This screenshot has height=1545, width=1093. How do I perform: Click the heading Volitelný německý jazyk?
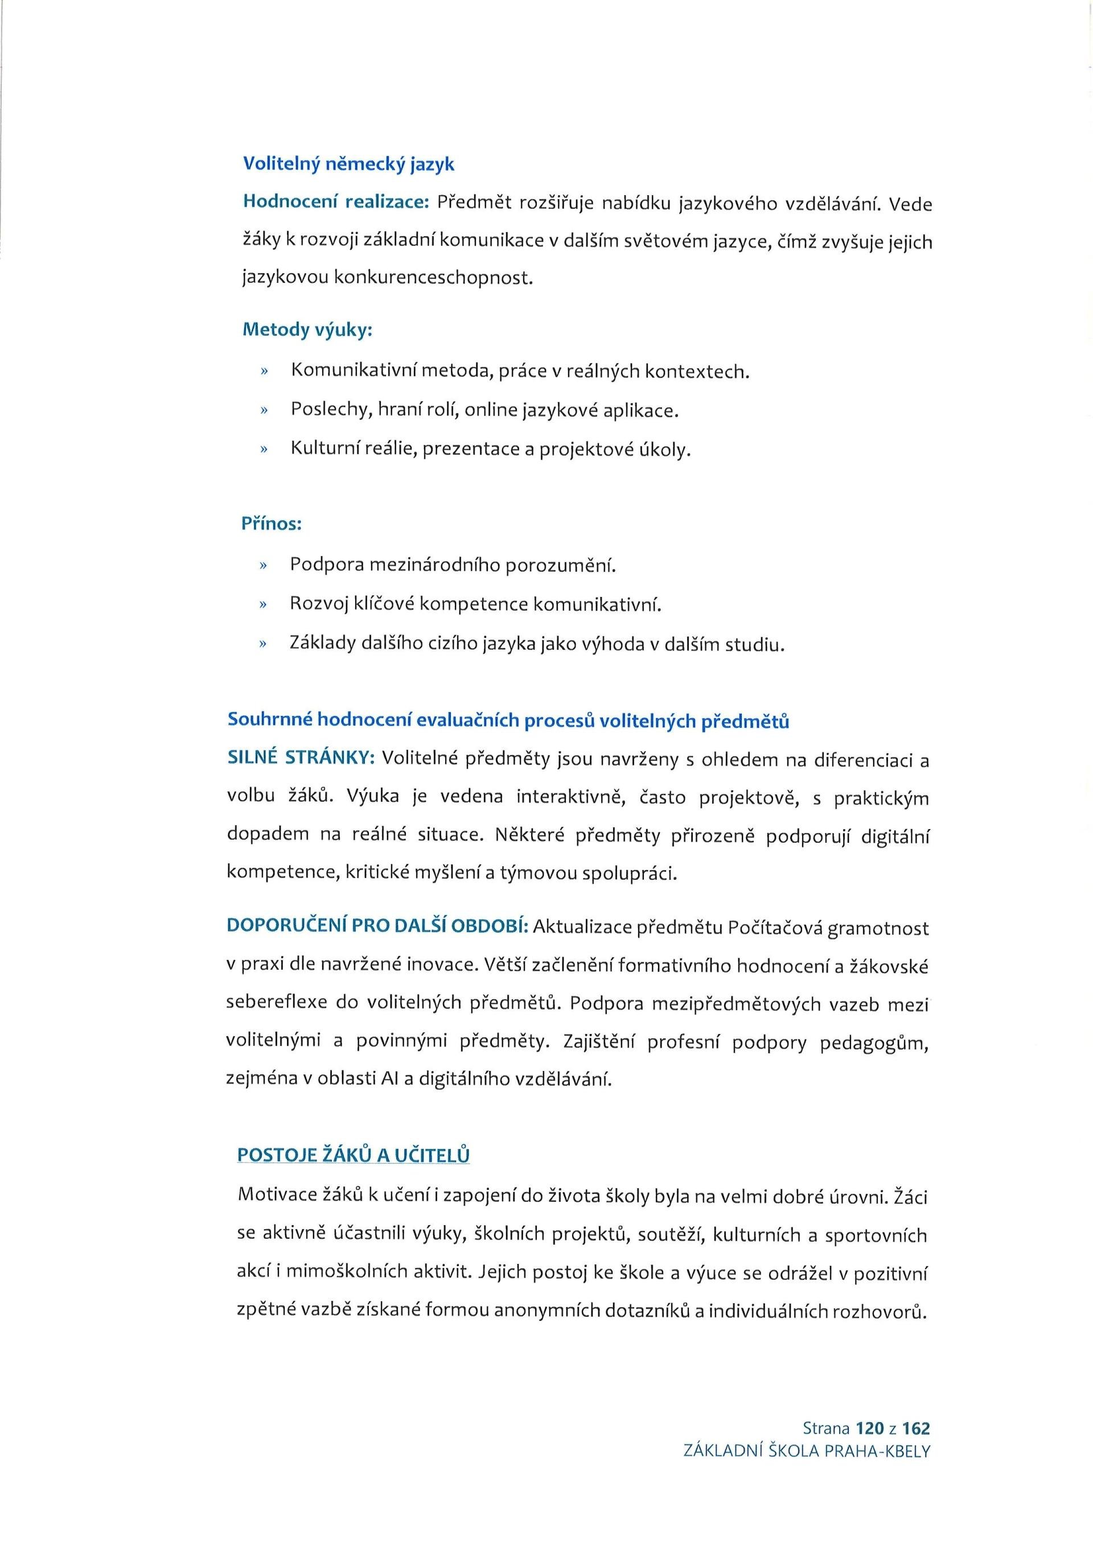tap(348, 163)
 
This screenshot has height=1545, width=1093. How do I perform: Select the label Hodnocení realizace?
tap(336, 203)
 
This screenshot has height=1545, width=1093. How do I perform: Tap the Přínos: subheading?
tap(271, 524)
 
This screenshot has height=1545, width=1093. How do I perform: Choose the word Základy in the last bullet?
tap(322, 643)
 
